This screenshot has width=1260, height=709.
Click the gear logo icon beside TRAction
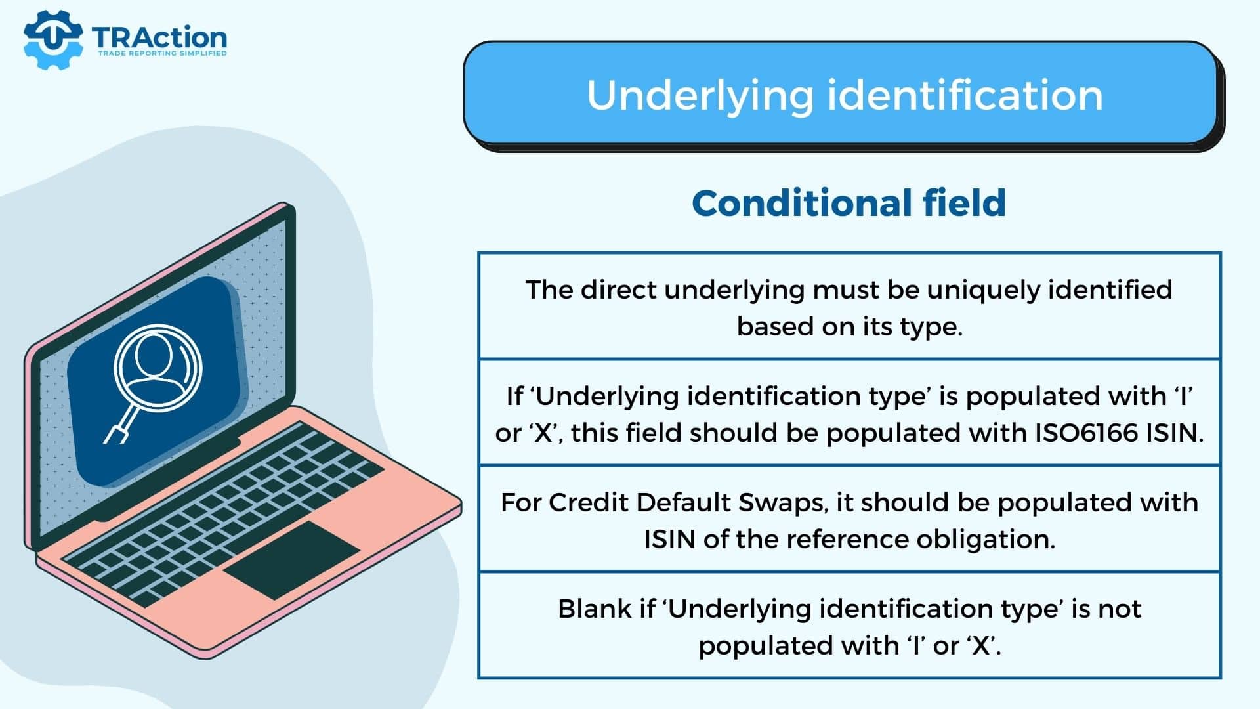[x=53, y=39]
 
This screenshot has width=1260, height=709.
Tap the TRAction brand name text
[x=159, y=37]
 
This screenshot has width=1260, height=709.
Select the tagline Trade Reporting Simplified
[x=162, y=53]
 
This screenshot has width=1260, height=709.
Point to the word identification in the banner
[x=965, y=95]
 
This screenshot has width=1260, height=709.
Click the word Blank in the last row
[x=595, y=609]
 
